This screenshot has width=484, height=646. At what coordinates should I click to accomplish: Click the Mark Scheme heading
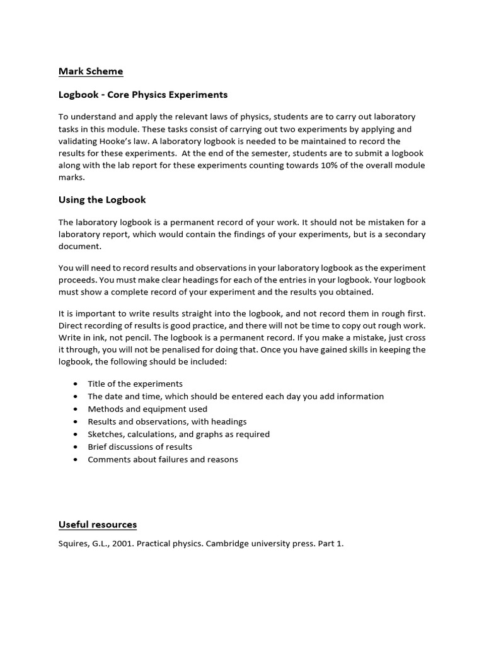click(91, 71)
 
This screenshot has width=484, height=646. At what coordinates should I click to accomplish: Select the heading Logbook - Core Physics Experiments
click(143, 95)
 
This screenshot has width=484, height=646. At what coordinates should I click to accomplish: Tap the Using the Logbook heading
click(102, 199)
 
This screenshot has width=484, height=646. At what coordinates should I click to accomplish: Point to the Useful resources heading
click(98, 524)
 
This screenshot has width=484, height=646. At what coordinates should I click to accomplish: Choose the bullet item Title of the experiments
click(135, 384)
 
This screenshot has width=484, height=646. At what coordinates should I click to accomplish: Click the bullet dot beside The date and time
click(76, 397)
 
